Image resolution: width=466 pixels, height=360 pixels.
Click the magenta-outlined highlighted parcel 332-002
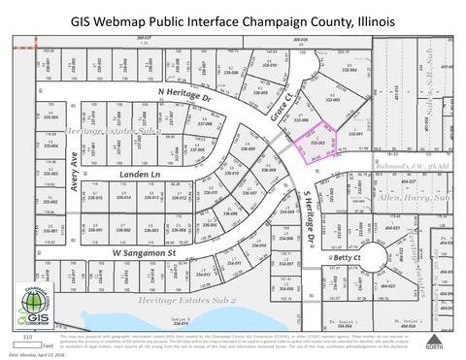pos(316,145)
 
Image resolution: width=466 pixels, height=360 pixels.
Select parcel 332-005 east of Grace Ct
pos(333,98)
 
